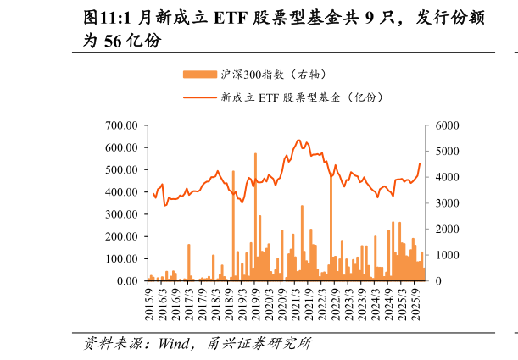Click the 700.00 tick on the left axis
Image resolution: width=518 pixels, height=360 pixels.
pos(122,125)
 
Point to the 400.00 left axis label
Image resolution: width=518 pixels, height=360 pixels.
pos(122,191)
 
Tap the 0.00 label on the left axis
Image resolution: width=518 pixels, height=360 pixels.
pos(127,280)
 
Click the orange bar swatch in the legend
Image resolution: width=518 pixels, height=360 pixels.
pos(199,75)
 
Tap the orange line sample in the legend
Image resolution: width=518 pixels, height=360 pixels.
pos(199,97)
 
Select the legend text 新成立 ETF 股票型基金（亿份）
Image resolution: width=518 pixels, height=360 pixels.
pos(302,97)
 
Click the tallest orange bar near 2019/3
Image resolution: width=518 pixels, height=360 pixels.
pos(255,155)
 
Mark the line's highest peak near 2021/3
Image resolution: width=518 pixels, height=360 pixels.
pos(298,141)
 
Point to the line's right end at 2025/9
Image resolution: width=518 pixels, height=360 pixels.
pos(419,163)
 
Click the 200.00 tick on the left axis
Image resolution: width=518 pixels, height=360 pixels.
pos(122,236)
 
